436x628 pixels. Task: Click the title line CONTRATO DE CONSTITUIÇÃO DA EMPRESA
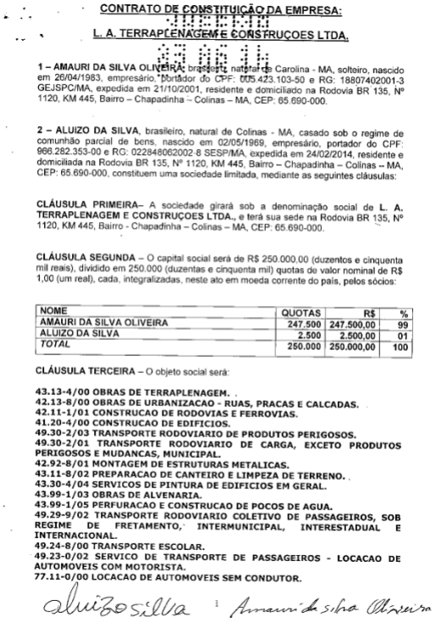219,9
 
